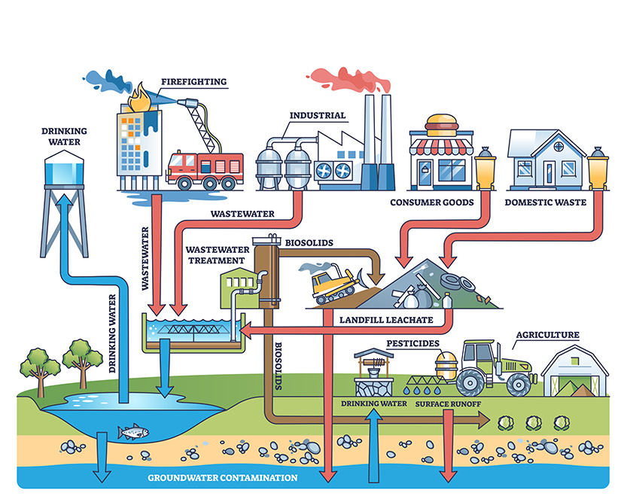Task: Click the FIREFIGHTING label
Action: point(193,81)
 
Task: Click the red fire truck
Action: point(205,169)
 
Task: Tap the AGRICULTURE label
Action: point(547,334)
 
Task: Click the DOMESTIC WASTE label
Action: point(545,202)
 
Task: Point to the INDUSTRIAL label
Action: point(318,116)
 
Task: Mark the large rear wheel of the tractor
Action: point(469,382)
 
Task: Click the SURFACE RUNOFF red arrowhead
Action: point(449,473)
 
